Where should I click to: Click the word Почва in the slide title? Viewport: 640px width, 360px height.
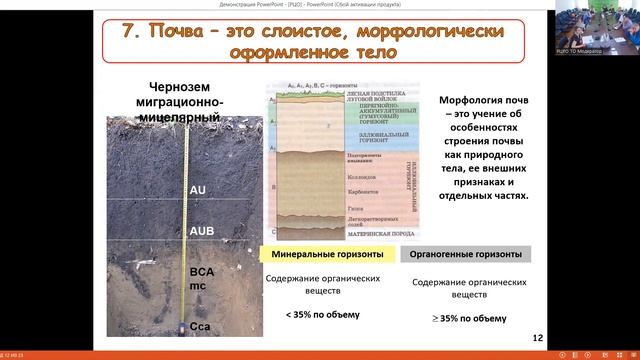tap(181, 31)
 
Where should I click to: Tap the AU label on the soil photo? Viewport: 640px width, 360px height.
tap(198, 189)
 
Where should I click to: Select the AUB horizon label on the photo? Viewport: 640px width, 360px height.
tap(203, 231)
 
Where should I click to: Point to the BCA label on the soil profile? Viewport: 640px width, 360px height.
tap(203, 271)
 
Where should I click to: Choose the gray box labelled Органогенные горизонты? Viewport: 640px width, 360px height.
tap(466, 254)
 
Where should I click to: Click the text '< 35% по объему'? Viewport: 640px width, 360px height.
tap(323, 315)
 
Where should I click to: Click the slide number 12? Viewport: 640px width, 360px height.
tap(539, 338)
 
